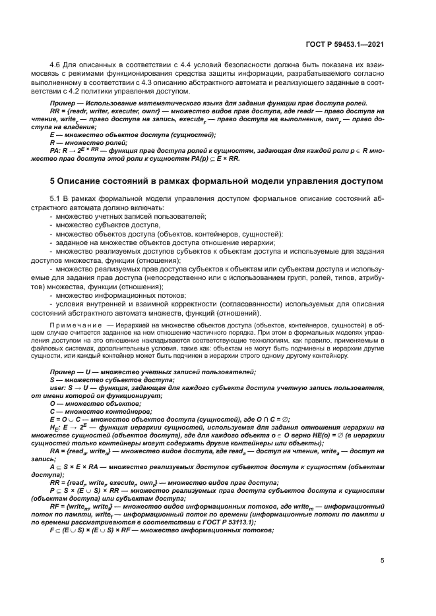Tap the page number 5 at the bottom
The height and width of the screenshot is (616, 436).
(x=383, y=561)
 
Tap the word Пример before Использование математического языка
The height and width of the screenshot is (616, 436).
(x=63, y=104)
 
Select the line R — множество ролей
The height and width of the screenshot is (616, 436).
(x=89, y=142)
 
